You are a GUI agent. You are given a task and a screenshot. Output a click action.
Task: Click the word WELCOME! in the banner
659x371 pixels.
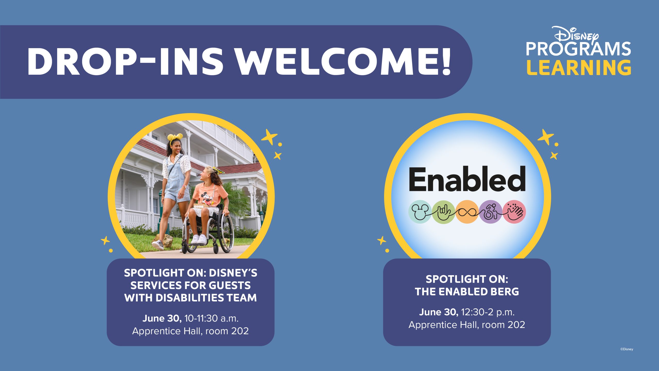(x=343, y=62)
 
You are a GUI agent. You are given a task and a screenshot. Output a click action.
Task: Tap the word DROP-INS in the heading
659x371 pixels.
(x=125, y=62)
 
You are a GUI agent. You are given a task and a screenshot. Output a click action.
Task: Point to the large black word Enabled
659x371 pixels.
(x=467, y=179)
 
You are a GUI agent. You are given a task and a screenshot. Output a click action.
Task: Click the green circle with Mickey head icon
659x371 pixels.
(x=420, y=212)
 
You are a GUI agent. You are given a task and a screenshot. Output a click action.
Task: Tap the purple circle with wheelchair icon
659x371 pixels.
(x=491, y=212)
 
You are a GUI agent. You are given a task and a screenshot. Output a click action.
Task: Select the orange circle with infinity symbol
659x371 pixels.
(x=467, y=212)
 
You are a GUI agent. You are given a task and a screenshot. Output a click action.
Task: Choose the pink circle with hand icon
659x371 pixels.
(x=514, y=212)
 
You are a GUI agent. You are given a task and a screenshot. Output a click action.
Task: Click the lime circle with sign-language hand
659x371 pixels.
(x=444, y=212)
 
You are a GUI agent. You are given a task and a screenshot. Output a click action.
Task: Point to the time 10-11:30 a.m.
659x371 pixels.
(x=212, y=318)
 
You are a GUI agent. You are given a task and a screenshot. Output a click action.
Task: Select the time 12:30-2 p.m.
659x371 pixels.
(x=488, y=312)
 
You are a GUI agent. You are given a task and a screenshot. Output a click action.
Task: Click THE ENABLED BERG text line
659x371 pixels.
(x=467, y=292)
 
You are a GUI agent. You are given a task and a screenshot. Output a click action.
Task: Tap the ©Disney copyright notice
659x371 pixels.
(x=627, y=349)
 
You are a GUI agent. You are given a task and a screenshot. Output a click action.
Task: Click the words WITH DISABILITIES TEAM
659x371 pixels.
(x=190, y=298)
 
